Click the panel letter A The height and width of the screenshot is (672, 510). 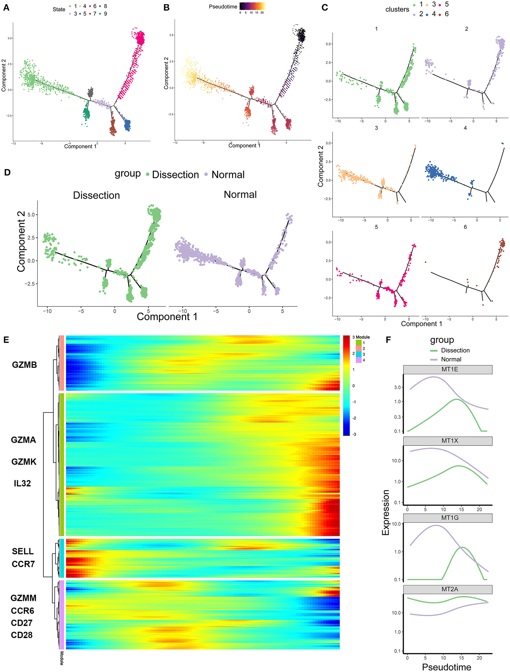click(6, 8)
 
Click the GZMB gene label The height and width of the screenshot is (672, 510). click(24, 365)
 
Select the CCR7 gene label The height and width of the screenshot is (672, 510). click(23, 564)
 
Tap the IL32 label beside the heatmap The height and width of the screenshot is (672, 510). click(22, 483)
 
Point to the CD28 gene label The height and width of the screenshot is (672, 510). click(22, 635)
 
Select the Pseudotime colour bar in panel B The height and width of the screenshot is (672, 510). click(252, 6)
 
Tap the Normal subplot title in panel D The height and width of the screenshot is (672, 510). click(240, 194)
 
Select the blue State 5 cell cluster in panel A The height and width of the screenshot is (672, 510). click(127, 125)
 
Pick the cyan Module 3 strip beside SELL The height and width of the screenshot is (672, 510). click(62, 558)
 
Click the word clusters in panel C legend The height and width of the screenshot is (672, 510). click(397, 10)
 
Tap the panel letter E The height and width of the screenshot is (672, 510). click(6, 340)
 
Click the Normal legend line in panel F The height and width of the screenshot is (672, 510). click(434, 359)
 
